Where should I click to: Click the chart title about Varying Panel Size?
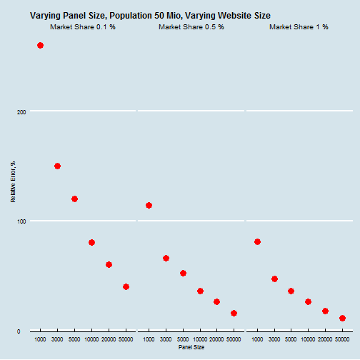(150, 16)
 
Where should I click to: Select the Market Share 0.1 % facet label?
(83, 27)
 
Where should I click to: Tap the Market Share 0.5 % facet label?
(191, 27)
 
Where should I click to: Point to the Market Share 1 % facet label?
(299, 27)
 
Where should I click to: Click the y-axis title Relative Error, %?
(13, 182)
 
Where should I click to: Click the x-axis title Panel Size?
(191, 347)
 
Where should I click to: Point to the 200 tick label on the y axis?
(21, 112)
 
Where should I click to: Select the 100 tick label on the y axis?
(21, 221)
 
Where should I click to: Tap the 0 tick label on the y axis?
(19, 331)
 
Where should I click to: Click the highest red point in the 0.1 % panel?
(40, 45)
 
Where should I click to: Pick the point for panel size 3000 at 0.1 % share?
(57, 166)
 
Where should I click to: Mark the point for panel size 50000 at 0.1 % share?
(126, 286)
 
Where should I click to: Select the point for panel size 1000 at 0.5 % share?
(149, 205)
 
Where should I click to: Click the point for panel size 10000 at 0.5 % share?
(200, 291)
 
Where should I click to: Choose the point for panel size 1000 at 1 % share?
(257, 241)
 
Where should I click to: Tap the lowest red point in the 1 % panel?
(342, 318)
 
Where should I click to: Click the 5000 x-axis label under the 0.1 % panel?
(74, 339)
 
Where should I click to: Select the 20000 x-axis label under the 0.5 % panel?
(216, 339)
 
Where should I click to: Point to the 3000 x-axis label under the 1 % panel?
(274, 339)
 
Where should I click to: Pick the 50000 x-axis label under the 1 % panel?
(342, 339)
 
